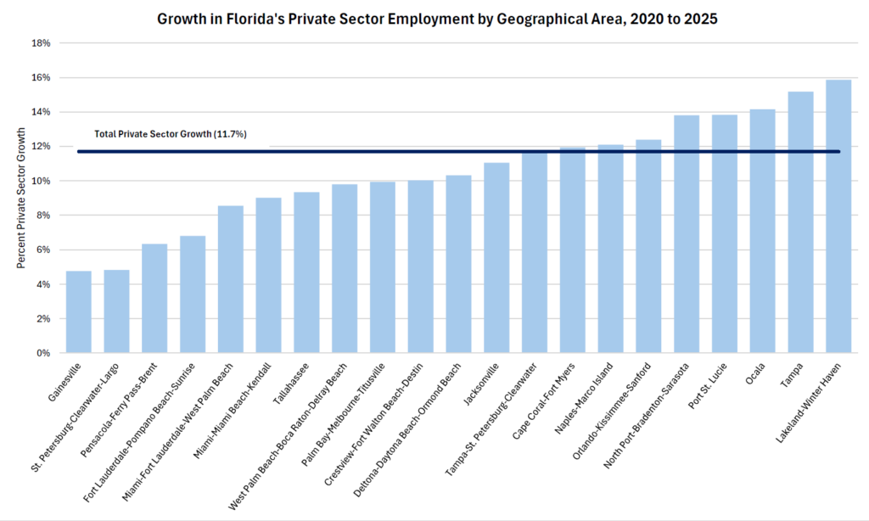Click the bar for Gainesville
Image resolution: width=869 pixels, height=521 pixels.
(78, 311)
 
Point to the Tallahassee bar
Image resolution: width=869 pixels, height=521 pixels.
(306, 272)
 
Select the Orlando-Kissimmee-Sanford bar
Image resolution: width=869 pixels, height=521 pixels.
(648, 246)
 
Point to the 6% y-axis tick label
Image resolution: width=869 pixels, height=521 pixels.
(43, 250)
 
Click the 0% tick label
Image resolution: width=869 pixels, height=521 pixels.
(43, 353)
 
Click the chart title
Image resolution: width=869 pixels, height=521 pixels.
(437, 20)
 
